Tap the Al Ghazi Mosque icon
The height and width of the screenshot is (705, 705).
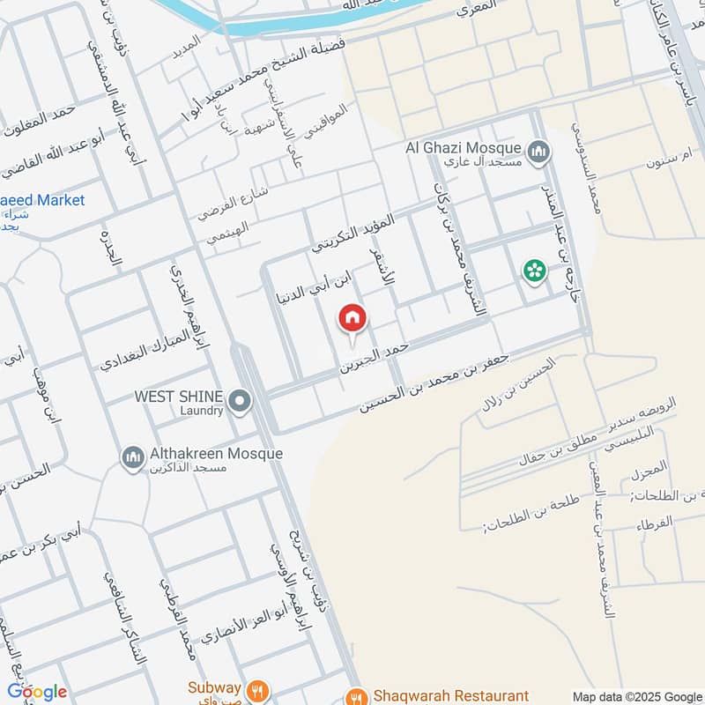point(540,153)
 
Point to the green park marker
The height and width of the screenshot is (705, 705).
point(533,271)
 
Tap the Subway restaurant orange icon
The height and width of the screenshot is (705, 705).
point(257,688)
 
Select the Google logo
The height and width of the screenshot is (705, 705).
point(37,692)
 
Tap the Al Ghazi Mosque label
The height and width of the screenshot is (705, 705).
point(462,147)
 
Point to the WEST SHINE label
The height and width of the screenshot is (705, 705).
point(177,397)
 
